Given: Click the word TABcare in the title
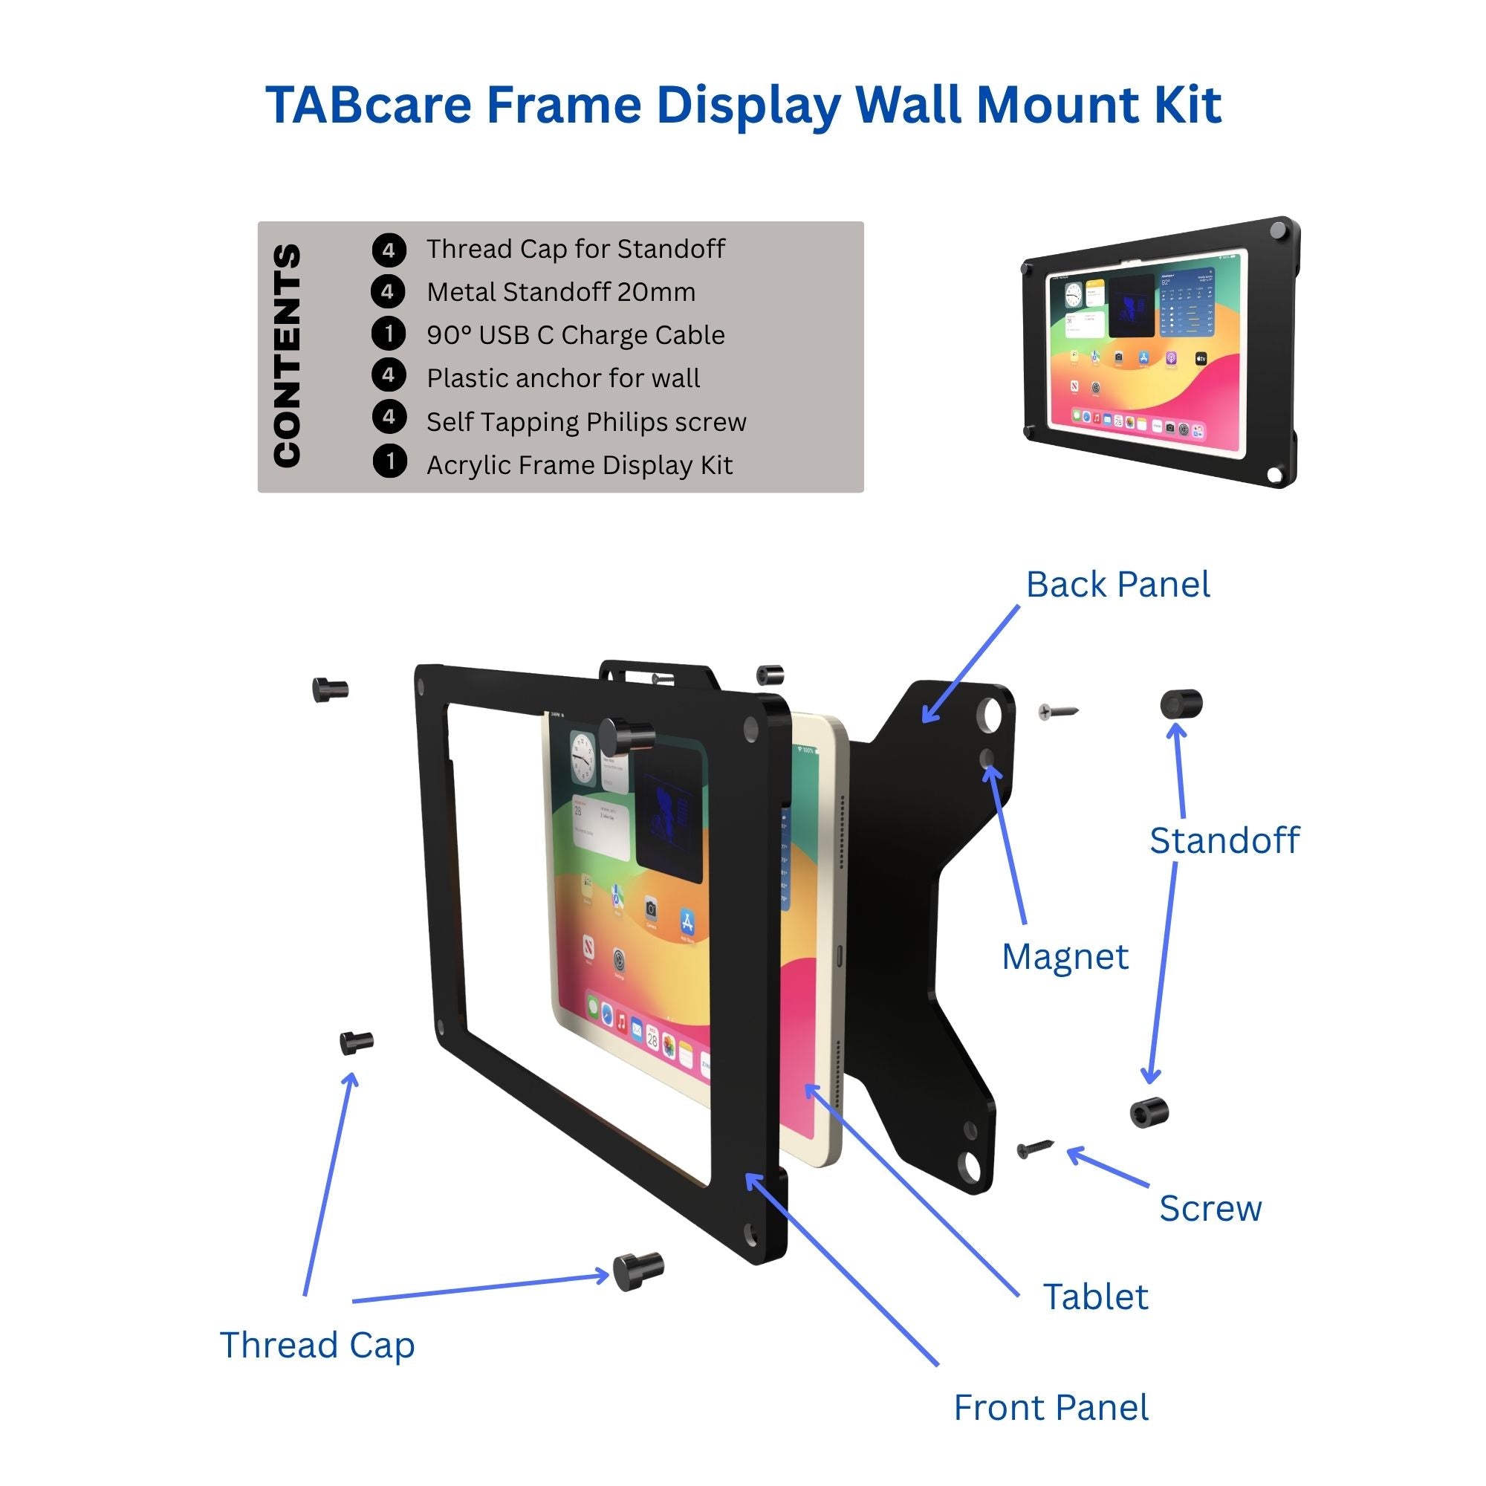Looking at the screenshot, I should click(368, 105).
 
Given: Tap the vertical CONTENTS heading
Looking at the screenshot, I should click(287, 355).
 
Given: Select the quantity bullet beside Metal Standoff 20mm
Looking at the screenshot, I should click(388, 292).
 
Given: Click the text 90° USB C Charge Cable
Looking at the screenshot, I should click(575, 335).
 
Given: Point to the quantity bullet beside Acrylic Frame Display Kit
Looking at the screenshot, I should click(389, 462).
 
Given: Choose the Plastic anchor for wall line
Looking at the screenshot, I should click(563, 378).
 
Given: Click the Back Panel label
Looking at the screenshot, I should click(1117, 585).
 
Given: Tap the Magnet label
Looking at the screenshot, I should click(1065, 958).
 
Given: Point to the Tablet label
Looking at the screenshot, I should click(1095, 1297).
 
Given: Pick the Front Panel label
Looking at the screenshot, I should click(1051, 1408).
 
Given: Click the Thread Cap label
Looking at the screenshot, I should click(317, 1346).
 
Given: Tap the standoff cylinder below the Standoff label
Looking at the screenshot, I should click(1149, 1113).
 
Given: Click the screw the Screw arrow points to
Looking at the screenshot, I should click(1034, 1149).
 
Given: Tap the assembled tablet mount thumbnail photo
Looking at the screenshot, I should click(1160, 352).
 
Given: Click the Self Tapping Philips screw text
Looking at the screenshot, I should click(586, 422).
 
